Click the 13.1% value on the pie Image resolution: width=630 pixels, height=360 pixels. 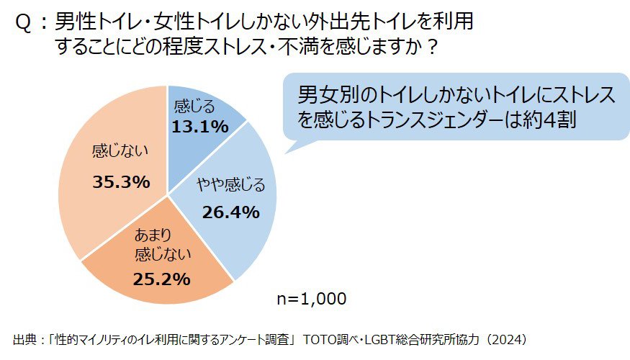pyautogui.click(x=199, y=127)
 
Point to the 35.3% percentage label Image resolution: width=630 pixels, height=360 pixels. pyautogui.click(x=121, y=181)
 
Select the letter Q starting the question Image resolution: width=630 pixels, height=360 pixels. pyautogui.click(x=23, y=24)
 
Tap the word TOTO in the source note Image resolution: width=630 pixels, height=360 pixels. pyautogui.click(x=323, y=338)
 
